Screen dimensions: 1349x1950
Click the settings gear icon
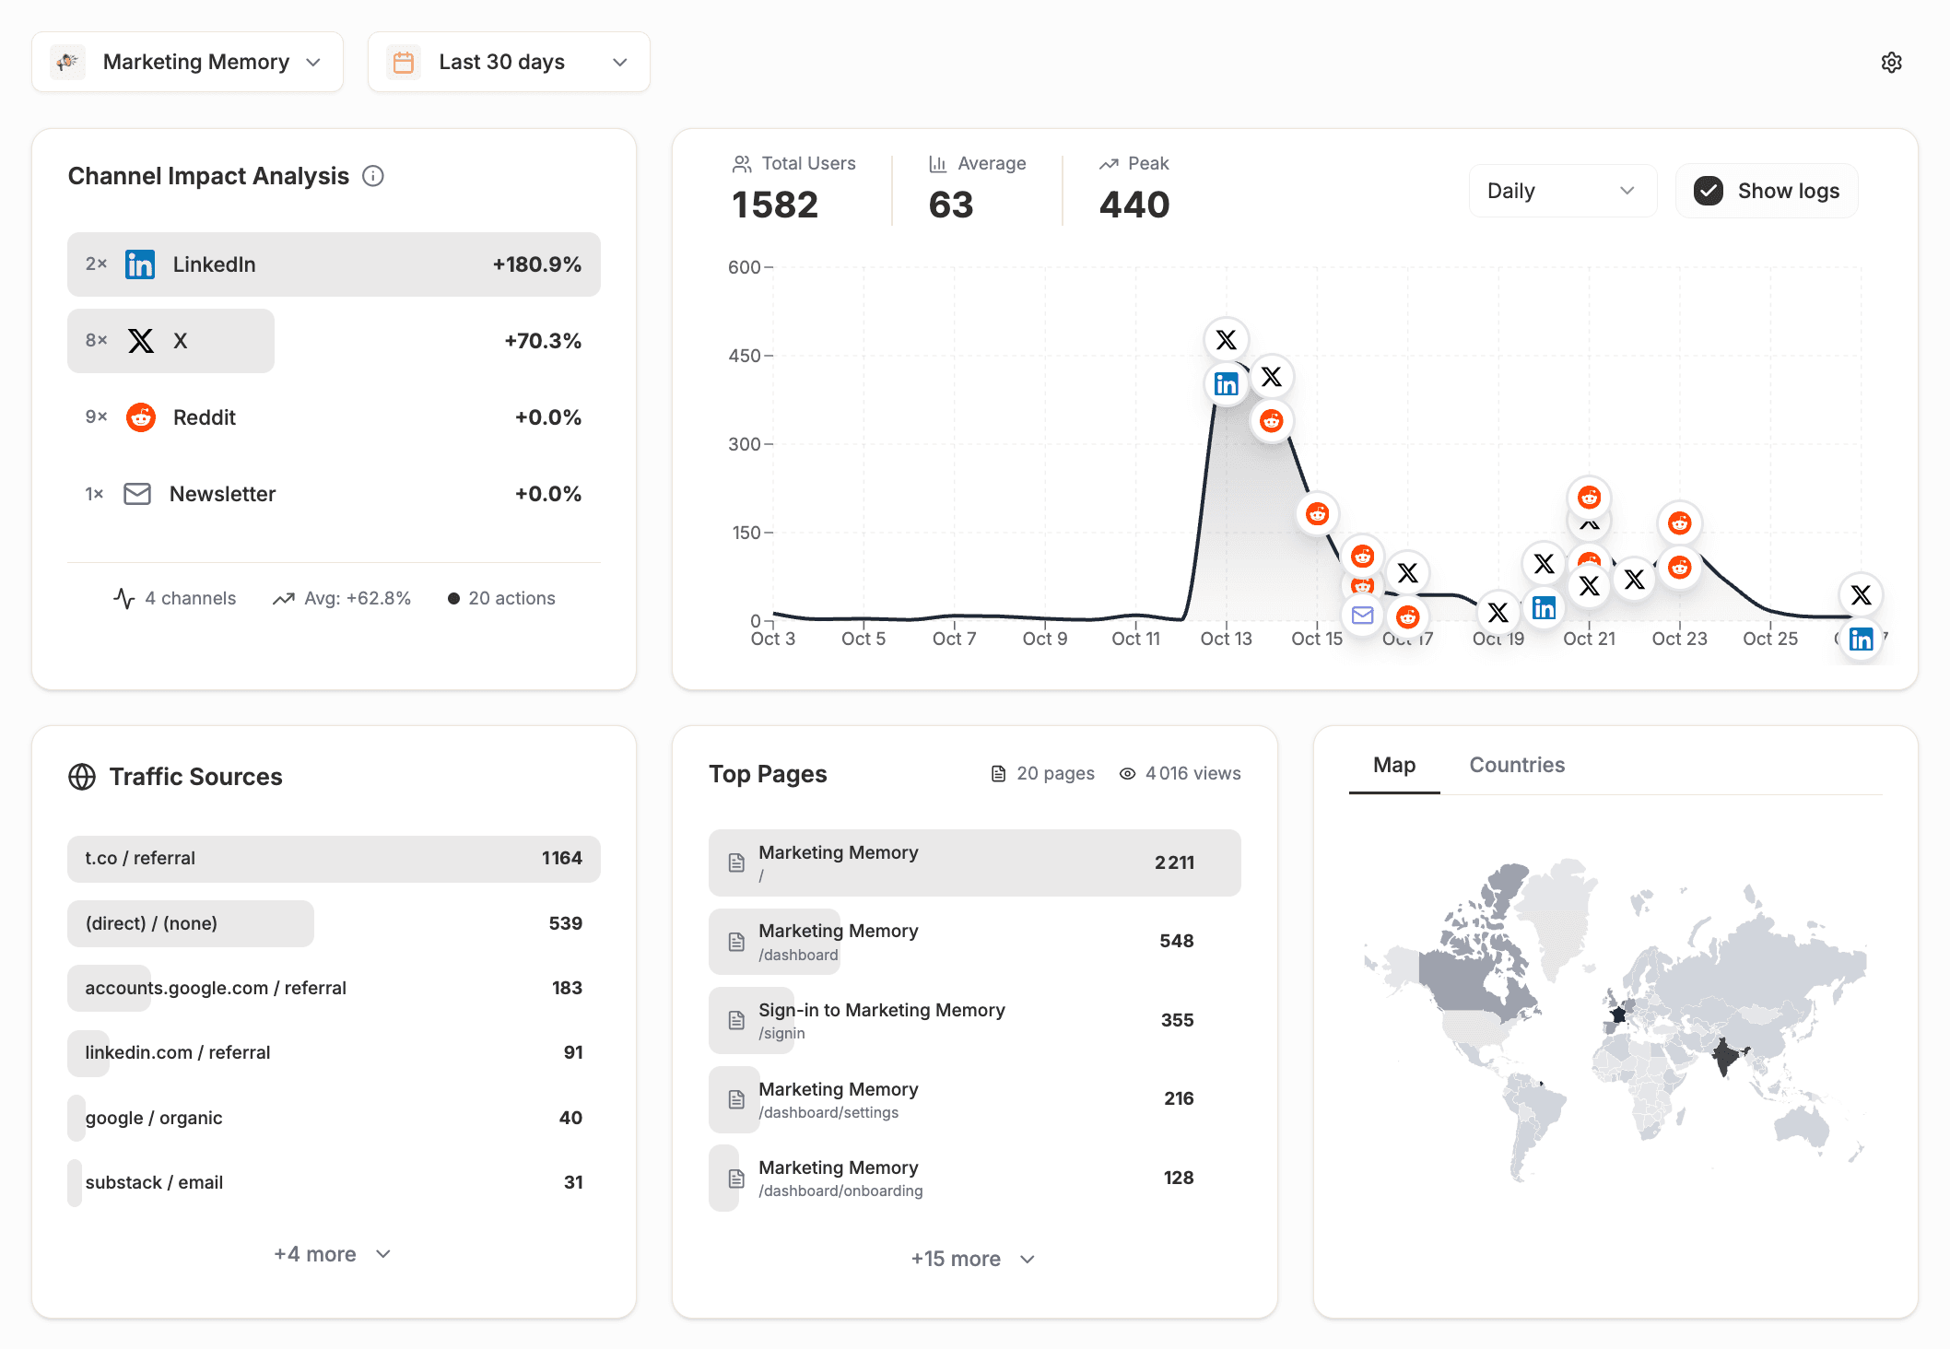[1891, 62]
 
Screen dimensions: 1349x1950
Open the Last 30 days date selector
[509, 62]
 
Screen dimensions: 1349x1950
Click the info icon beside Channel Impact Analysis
[373, 176]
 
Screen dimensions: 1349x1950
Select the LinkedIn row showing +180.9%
[334, 264]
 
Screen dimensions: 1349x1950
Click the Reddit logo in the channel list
[141, 417]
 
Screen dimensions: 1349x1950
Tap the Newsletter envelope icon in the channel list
[137, 494]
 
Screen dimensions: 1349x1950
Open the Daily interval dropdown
[1561, 191]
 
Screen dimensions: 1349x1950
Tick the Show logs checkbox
[1709, 191]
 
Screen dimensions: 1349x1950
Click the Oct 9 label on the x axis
[1045, 639]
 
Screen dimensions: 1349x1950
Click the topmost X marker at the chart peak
[1226, 340]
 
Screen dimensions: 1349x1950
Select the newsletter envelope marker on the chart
[1362, 615]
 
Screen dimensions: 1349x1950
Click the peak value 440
[1134, 205]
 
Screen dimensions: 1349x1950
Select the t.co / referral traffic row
[334, 858]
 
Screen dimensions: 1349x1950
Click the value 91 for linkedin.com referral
[572, 1052]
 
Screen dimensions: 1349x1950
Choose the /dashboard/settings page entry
[974, 1099]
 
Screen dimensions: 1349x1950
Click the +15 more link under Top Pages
[972, 1259]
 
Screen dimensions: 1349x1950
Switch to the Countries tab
[1516, 765]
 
